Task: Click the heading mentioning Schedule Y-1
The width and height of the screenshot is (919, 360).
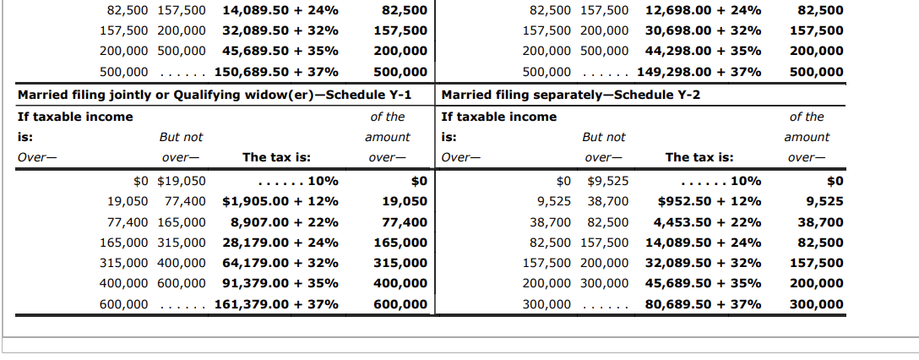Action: (x=215, y=94)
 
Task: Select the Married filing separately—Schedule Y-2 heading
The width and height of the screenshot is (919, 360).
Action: (x=571, y=94)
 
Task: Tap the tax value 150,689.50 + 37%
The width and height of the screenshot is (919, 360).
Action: (x=277, y=72)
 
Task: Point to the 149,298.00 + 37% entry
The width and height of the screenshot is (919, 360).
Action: (x=699, y=72)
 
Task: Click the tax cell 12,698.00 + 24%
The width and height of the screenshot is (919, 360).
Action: (x=703, y=11)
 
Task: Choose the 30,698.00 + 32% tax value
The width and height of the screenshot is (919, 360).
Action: (x=703, y=31)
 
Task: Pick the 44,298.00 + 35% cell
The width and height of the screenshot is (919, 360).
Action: (x=703, y=52)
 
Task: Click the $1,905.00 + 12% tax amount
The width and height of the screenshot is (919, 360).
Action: (x=280, y=202)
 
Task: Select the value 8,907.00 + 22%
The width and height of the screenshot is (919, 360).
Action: (x=284, y=223)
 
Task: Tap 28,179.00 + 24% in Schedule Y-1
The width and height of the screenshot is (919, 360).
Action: (x=280, y=243)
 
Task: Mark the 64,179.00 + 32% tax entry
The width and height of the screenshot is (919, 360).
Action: (x=280, y=264)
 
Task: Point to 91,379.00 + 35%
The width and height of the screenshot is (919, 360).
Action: (x=280, y=284)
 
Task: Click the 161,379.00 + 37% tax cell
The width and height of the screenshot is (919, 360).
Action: (x=277, y=304)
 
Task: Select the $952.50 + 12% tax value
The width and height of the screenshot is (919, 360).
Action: (x=710, y=202)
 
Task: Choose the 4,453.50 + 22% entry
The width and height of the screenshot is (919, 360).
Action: (x=706, y=223)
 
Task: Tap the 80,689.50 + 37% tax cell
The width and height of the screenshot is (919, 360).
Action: (x=703, y=304)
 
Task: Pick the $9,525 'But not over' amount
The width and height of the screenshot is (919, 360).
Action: (x=607, y=181)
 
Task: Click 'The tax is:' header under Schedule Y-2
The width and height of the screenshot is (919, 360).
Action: (x=699, y=157)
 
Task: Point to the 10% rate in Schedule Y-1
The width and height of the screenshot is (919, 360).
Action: (x=324, y=181)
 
